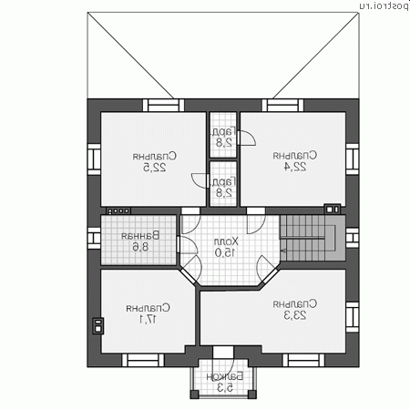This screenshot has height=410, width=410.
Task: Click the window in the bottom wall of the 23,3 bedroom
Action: coord(303,360)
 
